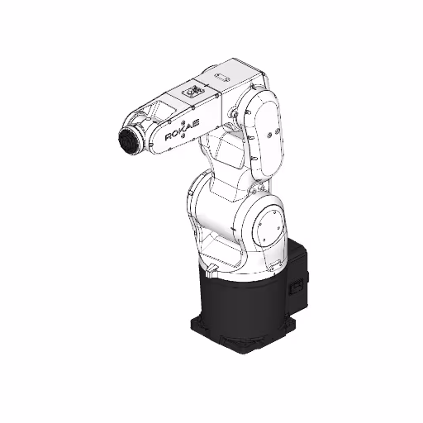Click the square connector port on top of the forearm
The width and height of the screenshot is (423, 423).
point(192,90)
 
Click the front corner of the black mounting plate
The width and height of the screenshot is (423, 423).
point(240,350)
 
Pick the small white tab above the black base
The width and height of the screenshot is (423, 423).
point(211,269)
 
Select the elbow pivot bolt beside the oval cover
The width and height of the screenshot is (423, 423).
point(240,112)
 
